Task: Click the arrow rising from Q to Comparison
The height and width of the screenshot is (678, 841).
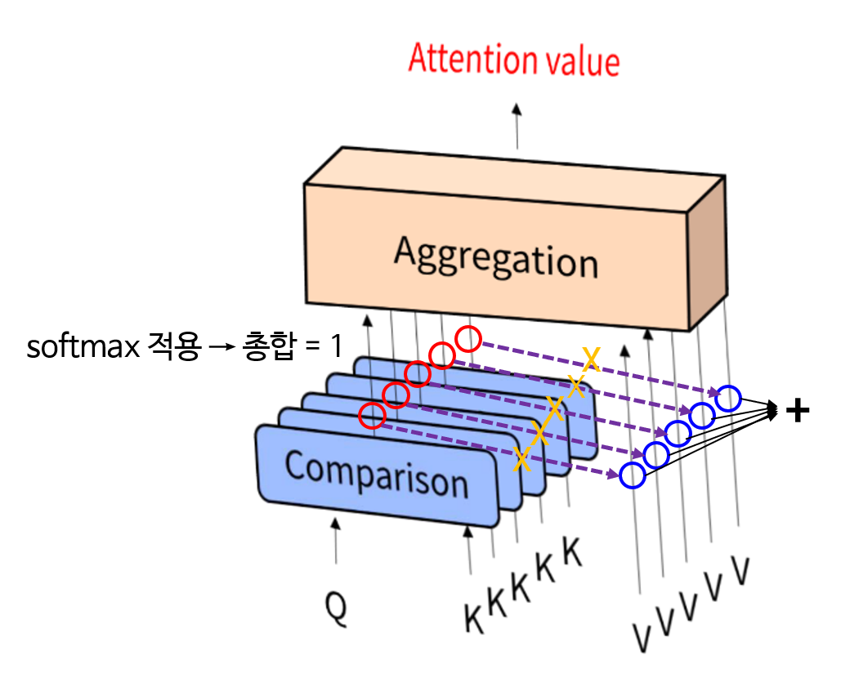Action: [335, 539]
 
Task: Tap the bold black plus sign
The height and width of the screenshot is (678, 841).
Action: [796, 412]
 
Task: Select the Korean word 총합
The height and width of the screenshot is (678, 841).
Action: [266, 347]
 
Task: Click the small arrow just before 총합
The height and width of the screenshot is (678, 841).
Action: [223, 347]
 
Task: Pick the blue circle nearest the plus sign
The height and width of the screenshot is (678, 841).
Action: [728, 399]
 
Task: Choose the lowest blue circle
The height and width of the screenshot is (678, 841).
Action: [632, 475]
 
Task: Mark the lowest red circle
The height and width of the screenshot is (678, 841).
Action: [371, 416]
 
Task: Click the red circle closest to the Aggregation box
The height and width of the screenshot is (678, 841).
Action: [468, 337]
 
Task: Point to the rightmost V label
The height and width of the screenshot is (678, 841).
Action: [740, 571]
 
